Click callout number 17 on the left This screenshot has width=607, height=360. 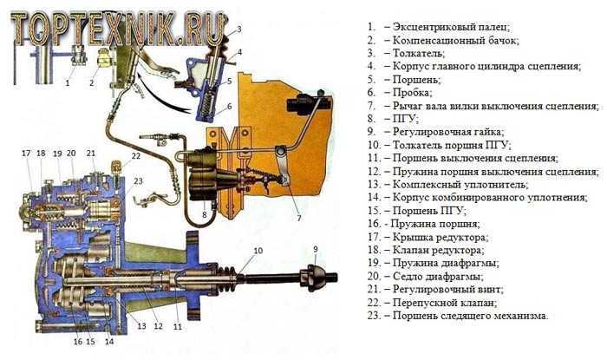pyautogui.click(x=26, y=154)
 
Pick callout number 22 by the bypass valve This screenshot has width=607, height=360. pyautogui.click(x=136, y=156)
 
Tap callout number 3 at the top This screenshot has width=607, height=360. pyautogui.click(x=239, y=29)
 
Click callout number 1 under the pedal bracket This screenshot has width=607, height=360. pyautogui.click(x=67, y=83)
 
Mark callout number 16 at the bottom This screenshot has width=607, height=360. pyautogui.click(x=77, y=342)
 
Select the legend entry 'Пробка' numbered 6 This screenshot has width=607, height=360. pyautogui.click(x=408, y=92)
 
